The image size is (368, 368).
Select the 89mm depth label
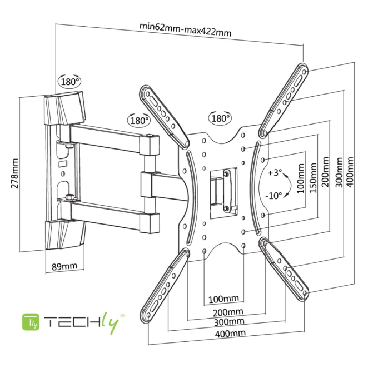[64, 266]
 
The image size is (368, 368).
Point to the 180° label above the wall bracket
[69, 81]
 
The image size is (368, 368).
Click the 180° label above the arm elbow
[138, 119]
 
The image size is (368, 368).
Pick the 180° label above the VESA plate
[220, 118]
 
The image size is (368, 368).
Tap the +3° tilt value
[275, 172]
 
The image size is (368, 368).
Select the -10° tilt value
[275, 195]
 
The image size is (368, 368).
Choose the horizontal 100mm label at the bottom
[223, 300]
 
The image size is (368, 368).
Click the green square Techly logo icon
[30, 322]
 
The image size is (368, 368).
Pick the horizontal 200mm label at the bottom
[228, 311]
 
